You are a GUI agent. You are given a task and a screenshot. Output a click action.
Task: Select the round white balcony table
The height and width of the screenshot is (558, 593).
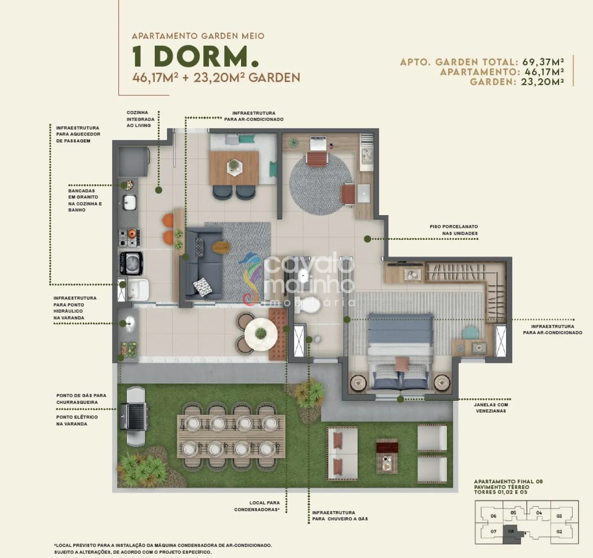coord(261,334)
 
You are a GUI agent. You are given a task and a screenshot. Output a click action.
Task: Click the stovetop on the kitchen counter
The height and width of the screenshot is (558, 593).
coord(129,238)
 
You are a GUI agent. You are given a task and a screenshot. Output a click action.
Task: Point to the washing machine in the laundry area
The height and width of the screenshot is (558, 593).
coord(131,263)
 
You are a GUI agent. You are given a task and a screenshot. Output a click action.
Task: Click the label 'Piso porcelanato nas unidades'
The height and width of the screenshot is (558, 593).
coord(454,230)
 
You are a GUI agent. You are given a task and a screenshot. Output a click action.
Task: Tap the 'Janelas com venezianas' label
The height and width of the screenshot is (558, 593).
coord(491,408)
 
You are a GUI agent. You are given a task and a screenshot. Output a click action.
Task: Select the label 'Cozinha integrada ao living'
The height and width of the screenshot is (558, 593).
coord(140,119)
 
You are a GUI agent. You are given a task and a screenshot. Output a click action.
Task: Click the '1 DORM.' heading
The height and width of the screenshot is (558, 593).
coord(196,56)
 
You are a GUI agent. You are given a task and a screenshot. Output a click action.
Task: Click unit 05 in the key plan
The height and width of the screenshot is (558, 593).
coord(513,513)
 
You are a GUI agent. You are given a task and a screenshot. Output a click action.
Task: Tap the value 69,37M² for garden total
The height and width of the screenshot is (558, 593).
coord(543,62)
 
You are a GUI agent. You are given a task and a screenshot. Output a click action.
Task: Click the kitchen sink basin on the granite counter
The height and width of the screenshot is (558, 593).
coord(130,202)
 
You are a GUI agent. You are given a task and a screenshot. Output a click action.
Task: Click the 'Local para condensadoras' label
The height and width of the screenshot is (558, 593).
coord(257,506)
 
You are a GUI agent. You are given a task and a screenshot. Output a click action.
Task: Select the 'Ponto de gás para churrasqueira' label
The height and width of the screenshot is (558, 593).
coord(81,399)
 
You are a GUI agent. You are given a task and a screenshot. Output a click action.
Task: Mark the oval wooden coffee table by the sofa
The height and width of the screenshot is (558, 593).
coord(221,247)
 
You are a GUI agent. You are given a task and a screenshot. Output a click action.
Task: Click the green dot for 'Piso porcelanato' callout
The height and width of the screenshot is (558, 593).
coord(367,239)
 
